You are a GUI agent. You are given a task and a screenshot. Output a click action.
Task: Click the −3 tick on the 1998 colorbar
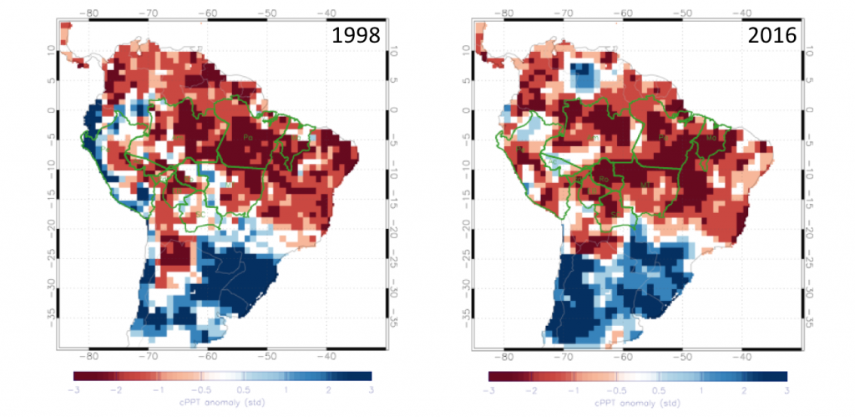click(x=74, y=389)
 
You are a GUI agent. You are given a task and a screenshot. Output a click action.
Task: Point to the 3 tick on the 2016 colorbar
click(x=787, y=389)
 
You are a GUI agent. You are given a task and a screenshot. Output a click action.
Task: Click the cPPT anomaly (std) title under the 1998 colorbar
click(x=223, y=403)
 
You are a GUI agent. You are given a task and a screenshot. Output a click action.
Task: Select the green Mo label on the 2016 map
click(x=711, y=137)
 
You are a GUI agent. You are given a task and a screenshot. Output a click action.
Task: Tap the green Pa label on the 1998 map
click(x=246, y=136)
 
